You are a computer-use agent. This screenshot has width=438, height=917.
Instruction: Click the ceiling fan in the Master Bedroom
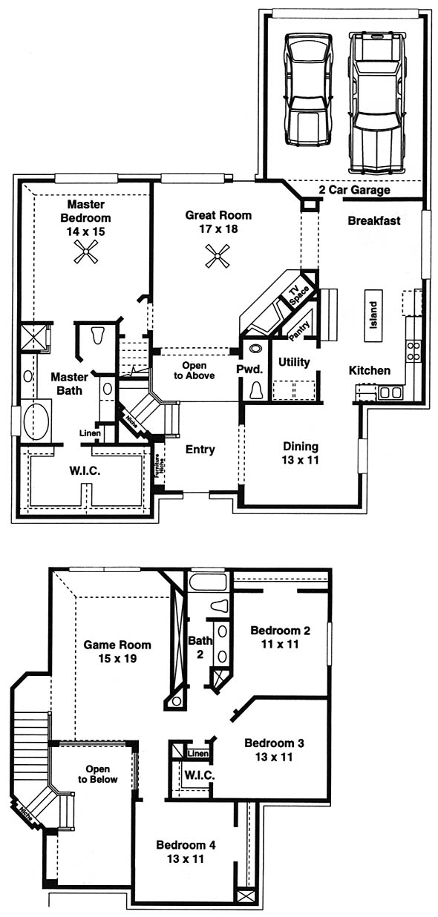(x=86, y=252)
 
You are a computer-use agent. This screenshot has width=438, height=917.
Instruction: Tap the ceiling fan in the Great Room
(x=218, y=256)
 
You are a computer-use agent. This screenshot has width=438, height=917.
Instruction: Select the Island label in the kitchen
(x=373, y=315)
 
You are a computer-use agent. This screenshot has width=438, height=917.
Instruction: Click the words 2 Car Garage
(x=354, y=190)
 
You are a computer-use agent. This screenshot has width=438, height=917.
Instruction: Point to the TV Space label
(x=298, y=295)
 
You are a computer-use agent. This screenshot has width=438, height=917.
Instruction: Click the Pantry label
(x=299, y=331)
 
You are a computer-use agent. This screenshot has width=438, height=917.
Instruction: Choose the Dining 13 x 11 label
(x=301, y=453)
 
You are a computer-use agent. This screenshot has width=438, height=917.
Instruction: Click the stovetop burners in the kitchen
(x=413, y=351)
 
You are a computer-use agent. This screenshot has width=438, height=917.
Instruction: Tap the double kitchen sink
(x=390, y=392)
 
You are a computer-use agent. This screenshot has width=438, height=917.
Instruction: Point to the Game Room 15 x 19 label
(x=117, y=651)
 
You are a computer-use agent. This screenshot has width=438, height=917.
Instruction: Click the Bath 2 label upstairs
(x=200, y=647)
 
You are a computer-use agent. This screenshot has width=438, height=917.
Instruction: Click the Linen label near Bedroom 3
(x=198, y=753)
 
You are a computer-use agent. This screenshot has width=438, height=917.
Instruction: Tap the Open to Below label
(x=97, y=774)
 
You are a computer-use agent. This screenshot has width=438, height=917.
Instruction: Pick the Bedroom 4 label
(x=186, y=844)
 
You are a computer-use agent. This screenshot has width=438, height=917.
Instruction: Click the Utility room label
(x=294, y=362)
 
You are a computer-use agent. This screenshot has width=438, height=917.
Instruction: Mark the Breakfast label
(x=374, y=220)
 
